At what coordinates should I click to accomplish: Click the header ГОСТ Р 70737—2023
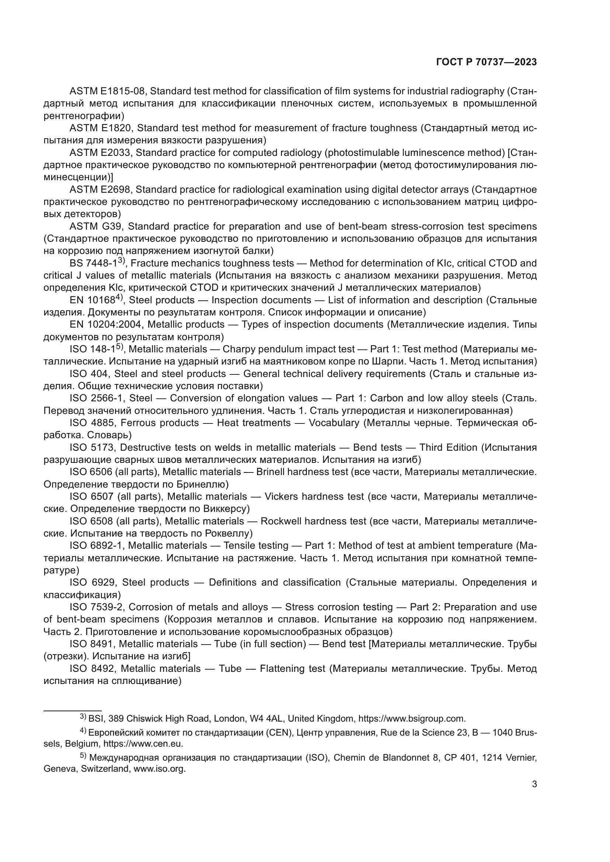point(486,62)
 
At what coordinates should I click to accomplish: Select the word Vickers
point(281,497)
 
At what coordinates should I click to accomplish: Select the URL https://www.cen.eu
point(143,744)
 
